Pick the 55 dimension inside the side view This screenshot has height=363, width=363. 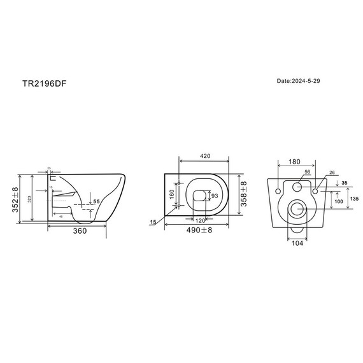[97, 202]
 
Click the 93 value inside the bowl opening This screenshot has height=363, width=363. [215, 195]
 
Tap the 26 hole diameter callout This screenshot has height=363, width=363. [331, 173]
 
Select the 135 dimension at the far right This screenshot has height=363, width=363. [355, 198]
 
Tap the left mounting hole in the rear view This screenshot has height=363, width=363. [278, 190]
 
